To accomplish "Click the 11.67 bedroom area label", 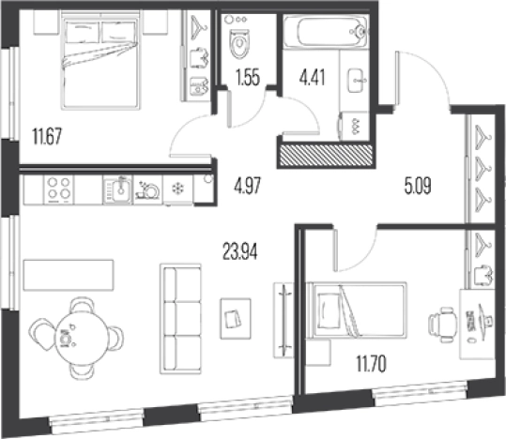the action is [x=47, y=136].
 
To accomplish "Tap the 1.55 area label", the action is [x=248, y=78].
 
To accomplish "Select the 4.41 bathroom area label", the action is [x=312, y=78].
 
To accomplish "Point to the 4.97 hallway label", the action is [x=248, y=186].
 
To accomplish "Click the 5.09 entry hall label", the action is [x=418, y=186].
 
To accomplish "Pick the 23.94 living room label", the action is [x=240, y=251].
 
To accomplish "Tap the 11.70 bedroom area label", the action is [x=371, y=364].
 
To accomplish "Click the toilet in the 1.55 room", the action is [x=240, y=43].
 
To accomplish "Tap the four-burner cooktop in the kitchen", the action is [x=58, y=189].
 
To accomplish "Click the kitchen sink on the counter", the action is [x=117, y=189].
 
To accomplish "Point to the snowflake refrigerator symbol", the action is [x=177, y=189].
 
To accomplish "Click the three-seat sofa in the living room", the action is [x=180, y=319].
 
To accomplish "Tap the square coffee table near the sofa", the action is [x=236, y=318].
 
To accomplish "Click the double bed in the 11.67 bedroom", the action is [x=100, y=60].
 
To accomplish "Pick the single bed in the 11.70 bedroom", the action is [x=358, y=310].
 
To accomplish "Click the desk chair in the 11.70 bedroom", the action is [x=443, y=325].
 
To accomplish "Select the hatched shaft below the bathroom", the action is [x=326, y=156].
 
